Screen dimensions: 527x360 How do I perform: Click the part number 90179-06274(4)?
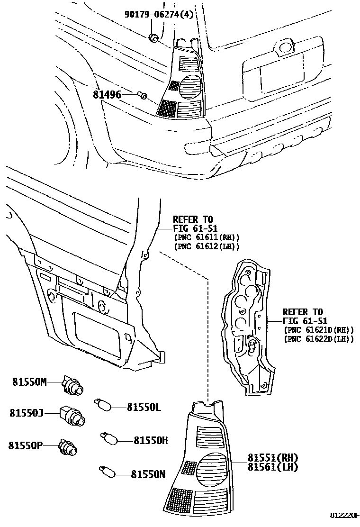pos(159,15)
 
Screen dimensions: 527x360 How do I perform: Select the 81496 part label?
pos(107,95)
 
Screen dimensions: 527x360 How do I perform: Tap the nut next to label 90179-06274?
pos(153,37)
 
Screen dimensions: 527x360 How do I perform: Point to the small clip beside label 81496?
pos(143,96)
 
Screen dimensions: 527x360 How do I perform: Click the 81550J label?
pos(27,413)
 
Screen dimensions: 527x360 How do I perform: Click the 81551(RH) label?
pos(272,457)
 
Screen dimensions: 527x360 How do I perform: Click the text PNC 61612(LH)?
pos(207,246)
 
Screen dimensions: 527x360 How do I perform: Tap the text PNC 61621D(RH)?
pos(318,330)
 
